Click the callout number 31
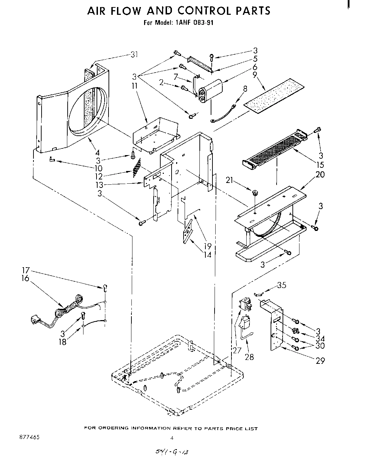134,54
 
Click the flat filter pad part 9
275,95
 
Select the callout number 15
320,165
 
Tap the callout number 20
320,174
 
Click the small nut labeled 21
254,192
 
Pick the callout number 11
135,85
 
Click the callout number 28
249,357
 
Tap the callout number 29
320,360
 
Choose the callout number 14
208,254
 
